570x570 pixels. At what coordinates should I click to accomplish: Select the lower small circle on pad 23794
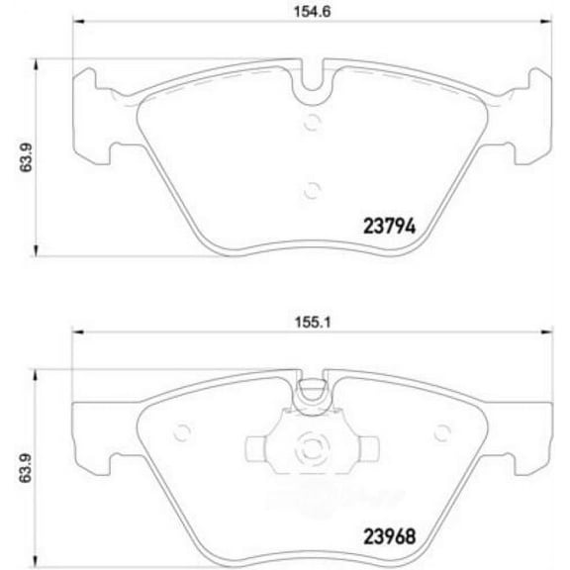313,190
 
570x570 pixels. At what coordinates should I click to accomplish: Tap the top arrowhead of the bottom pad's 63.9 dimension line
37,374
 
